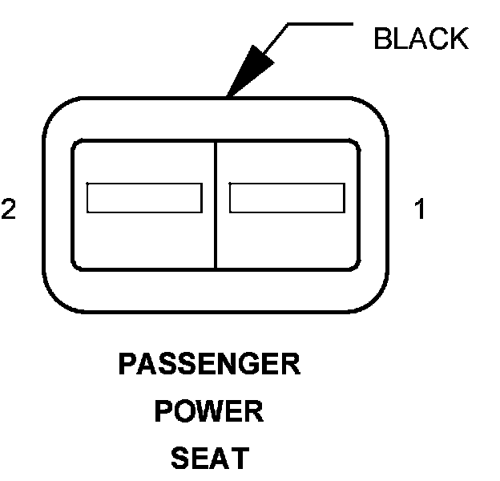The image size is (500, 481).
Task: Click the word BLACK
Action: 421,38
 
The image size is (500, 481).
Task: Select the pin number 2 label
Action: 9,209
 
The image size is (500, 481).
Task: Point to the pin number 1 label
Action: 420,210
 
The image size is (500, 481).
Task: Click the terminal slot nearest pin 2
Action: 144,198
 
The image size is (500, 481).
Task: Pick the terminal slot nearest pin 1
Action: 287,198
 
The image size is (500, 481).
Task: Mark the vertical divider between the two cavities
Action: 216,204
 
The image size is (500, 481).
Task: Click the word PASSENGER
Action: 209,365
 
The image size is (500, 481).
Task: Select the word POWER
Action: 209,412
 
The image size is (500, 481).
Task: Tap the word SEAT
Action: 209,459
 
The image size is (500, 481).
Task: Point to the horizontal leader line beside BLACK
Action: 320,24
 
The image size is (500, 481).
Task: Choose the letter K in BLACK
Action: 458,38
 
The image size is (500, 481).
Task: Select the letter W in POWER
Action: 210,412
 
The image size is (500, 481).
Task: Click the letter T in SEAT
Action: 238,459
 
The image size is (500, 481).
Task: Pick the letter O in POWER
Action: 187,412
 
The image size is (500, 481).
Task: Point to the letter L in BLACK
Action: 401,38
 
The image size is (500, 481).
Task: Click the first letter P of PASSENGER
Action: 127,365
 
